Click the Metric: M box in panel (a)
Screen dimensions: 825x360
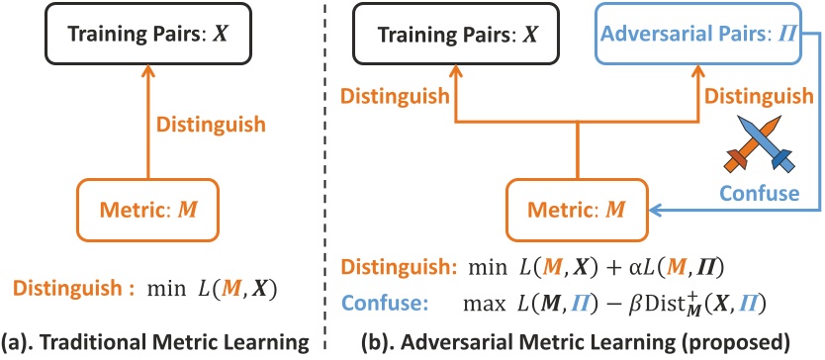(147, 211)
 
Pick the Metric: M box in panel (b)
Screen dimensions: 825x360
(577, 211)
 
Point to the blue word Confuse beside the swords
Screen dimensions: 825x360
(760, 193)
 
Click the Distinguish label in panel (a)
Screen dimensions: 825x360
(210, 126)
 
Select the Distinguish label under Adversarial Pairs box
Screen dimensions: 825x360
(757, 96)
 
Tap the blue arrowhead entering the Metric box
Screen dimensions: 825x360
(655, 211)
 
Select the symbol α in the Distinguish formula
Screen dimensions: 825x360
(631, 269)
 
